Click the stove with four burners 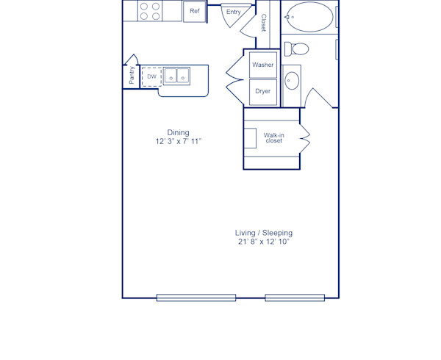(150, 11)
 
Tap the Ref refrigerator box (194, 11)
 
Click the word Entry (234, 12)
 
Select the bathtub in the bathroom (309, 16)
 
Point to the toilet (298, 49)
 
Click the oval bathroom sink (292, 79)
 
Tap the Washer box (262, 65)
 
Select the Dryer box (262, 91)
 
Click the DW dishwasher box (151, 76)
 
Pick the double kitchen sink (176, 76)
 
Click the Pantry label (132, 76)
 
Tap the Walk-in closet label (273, 137)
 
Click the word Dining (178, 133)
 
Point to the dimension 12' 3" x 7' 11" (178, 141)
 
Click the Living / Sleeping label (264, 233)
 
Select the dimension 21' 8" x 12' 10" (264, 241)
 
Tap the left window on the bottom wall (196, 298)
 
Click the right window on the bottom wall (295, 298)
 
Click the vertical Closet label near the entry (263, 23)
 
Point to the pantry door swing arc (132, 60)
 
